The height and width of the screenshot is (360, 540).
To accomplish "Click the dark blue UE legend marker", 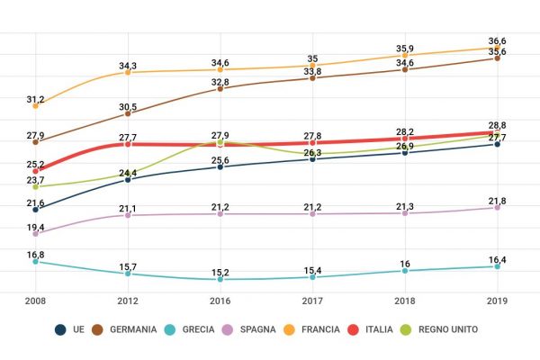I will (x=60, y=329).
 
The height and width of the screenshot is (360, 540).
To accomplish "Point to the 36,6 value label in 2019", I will (x=497, y=40).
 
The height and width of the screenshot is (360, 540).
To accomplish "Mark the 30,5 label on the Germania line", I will (x=128, y=107).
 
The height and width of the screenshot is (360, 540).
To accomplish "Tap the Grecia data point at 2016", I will (x=220, y=279).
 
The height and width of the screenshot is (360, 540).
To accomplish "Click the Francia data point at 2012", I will (x=128, y=72).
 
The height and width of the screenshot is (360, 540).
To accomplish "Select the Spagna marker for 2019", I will (x=497, y=207).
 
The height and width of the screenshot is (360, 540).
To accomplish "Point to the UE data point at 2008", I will (x=35, y=209).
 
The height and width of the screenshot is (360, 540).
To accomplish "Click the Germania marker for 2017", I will (x=312, y=78).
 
